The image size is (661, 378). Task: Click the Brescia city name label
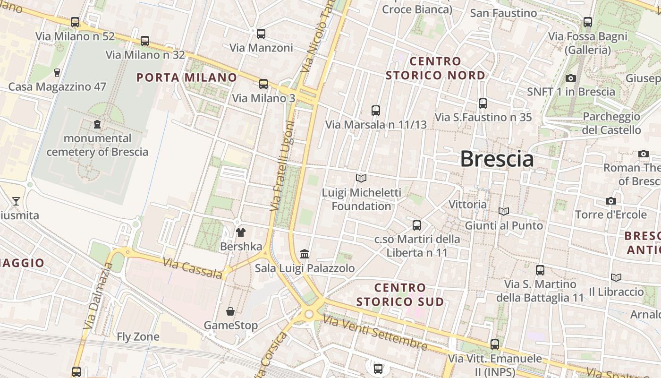tap(497, 159)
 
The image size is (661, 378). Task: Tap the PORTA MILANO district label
tap(187, 77)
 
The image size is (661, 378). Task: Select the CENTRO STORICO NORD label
tap(435, 68)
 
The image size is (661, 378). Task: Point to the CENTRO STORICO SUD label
tap(400, 294)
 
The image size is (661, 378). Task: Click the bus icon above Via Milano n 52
tap(75, 22)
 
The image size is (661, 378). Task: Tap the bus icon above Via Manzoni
tap(261, 34)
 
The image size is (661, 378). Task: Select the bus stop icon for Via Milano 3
tap(263, 84)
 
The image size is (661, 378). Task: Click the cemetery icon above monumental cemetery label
tap(97, 124)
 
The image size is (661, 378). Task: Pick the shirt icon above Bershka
tap(241, 232)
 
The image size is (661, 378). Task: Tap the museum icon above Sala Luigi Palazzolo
tap(305, 254)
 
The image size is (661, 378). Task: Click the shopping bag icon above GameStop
tap(230, 311)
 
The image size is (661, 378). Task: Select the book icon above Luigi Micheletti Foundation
tap(361, 178)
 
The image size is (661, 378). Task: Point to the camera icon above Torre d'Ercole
tap(611, 201)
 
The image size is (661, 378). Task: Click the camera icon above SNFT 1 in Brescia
tap(571, 78)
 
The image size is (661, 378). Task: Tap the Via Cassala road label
tap(193, 268)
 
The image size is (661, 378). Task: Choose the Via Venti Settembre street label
tap(375, 333)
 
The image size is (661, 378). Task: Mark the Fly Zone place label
tap(138, 337)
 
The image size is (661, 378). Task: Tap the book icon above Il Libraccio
tap(616, 277)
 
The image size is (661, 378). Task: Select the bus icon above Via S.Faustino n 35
tap(483, 103)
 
